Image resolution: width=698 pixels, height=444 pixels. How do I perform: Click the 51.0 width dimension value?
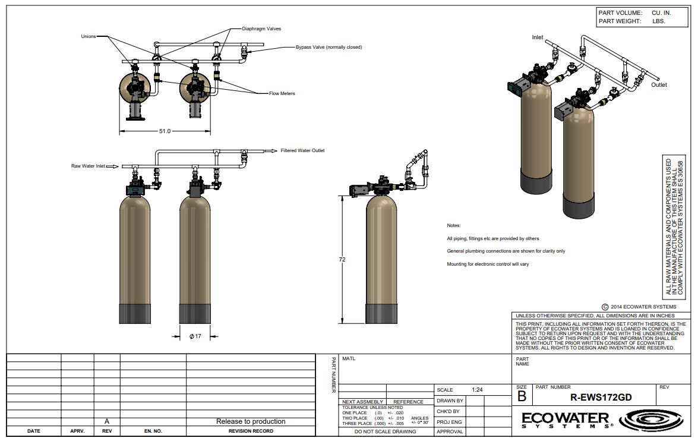(165, 131)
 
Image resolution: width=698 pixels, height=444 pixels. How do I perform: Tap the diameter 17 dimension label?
(195, 336)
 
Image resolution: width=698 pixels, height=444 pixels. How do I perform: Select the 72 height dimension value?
(342, 260)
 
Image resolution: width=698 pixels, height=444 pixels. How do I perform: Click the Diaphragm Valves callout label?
(261, 29)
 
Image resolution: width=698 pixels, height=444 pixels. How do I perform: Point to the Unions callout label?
(88, 36)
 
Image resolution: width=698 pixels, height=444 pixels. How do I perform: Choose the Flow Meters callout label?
(282, 93)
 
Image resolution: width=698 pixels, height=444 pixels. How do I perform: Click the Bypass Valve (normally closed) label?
(329, 47)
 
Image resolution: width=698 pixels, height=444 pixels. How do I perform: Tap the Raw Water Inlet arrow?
(113, 166)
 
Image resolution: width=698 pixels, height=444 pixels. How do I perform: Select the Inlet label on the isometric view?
(537, 37)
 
